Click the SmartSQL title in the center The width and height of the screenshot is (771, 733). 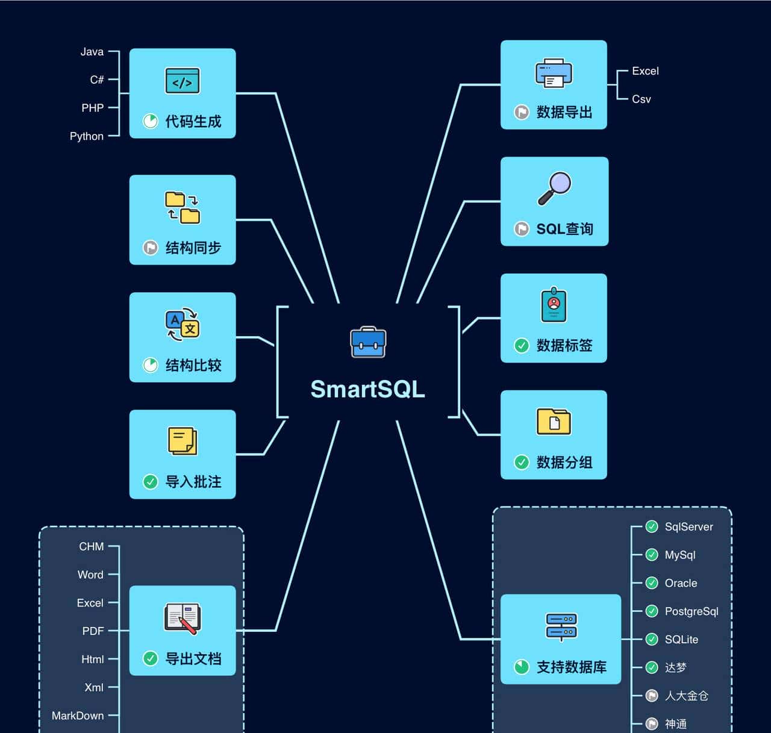tap(367, 389)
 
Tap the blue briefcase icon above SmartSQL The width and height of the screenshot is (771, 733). tap(368, 342)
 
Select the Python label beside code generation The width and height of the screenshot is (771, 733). tap(87, 136)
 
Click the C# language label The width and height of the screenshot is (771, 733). tap(97, 80)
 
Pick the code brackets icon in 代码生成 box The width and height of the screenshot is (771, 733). tap(183, 81)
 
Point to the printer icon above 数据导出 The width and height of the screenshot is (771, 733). tap(554, 73)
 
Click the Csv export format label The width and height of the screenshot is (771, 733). tap(641, 99)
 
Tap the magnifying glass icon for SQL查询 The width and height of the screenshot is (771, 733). tap(554, 189)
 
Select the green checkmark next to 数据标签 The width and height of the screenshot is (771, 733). tap(522, 345)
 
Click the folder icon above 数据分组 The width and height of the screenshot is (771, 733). tap(554, 422)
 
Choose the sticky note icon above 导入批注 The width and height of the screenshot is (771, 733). tap(182, 441)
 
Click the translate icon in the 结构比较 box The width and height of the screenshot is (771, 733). tap(182, 325)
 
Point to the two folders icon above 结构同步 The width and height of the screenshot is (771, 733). tap(182, 208)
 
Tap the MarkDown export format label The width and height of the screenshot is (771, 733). tap(78, 716)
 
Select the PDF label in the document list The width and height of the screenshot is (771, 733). tap(93, 631)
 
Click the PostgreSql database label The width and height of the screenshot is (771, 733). tap(691, 611)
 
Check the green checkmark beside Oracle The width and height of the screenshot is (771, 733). tap(652, 583)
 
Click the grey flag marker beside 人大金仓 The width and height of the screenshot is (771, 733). tap(652, 696)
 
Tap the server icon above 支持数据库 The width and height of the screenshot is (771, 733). tap(561, 626)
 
